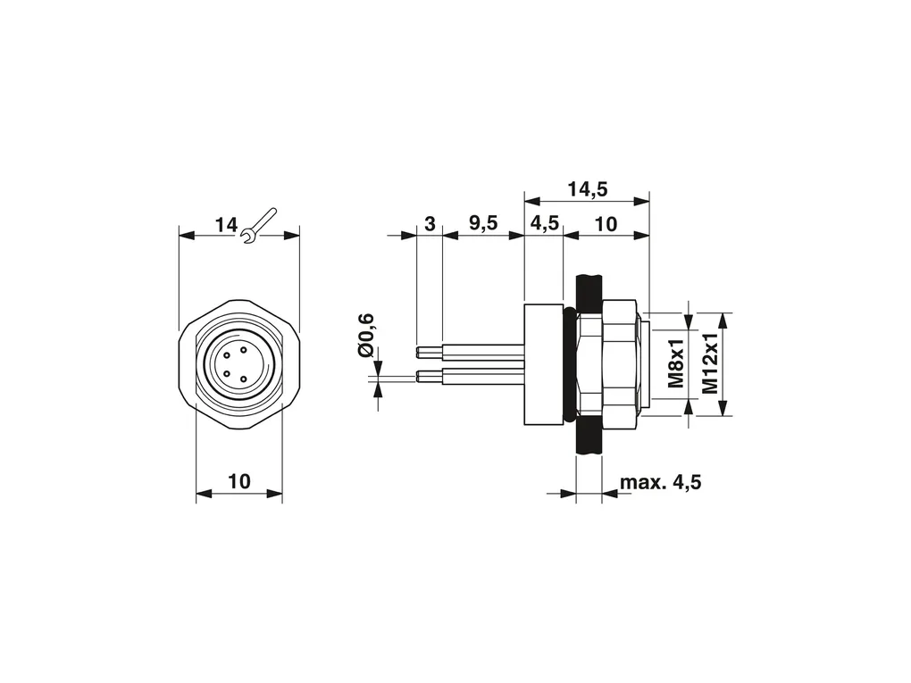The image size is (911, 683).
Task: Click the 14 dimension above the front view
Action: [x=227, y=225]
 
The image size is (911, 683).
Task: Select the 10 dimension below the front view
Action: [x=239, y=481]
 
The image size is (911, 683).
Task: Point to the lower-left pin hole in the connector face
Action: [x=227, y=373]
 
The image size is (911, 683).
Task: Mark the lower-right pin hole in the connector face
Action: [x=244, y=380]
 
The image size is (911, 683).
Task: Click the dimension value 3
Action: [x=430, y=223]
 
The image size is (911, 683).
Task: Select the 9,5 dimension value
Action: [x=483, y=223]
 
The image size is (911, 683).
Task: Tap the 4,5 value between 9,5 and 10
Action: [x=545, y=223]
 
